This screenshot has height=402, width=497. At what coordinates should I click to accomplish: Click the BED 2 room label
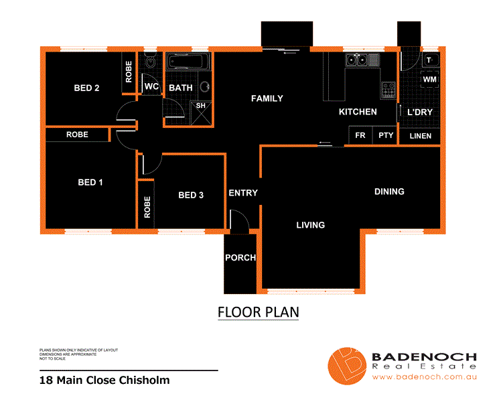click(86, 88)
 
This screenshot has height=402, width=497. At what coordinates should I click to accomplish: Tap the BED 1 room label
click(90, 182)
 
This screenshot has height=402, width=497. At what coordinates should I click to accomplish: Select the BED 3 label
click(191, 195)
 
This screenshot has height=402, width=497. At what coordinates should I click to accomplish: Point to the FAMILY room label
click(267, 98)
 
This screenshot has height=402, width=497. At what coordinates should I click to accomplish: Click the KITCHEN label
click(358, 112)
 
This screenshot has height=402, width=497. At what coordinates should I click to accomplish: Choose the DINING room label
click(389, 192)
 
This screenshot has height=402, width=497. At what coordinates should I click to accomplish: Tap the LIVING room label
click(310, 225)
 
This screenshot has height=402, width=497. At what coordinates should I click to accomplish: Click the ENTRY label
click(242, 193)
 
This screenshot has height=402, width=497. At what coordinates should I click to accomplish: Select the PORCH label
click(240, 258)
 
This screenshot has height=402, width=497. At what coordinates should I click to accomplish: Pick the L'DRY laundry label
click(420, 112)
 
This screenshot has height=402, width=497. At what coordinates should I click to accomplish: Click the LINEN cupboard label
click(420, 136)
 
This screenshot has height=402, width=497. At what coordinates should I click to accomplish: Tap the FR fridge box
click(360, 136)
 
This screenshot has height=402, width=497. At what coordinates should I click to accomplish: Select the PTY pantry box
click(385, 136)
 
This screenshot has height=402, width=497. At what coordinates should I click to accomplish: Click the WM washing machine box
click(429, 80)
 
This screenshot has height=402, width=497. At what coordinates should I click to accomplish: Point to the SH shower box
click(200, 106)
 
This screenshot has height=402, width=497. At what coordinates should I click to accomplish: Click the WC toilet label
click(151, 87)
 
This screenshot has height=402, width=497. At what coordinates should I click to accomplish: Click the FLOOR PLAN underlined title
click(258, 312)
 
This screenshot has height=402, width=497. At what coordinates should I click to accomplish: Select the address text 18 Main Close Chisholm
click(104, 381)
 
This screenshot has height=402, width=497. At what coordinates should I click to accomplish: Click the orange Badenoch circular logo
click(346, 366)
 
